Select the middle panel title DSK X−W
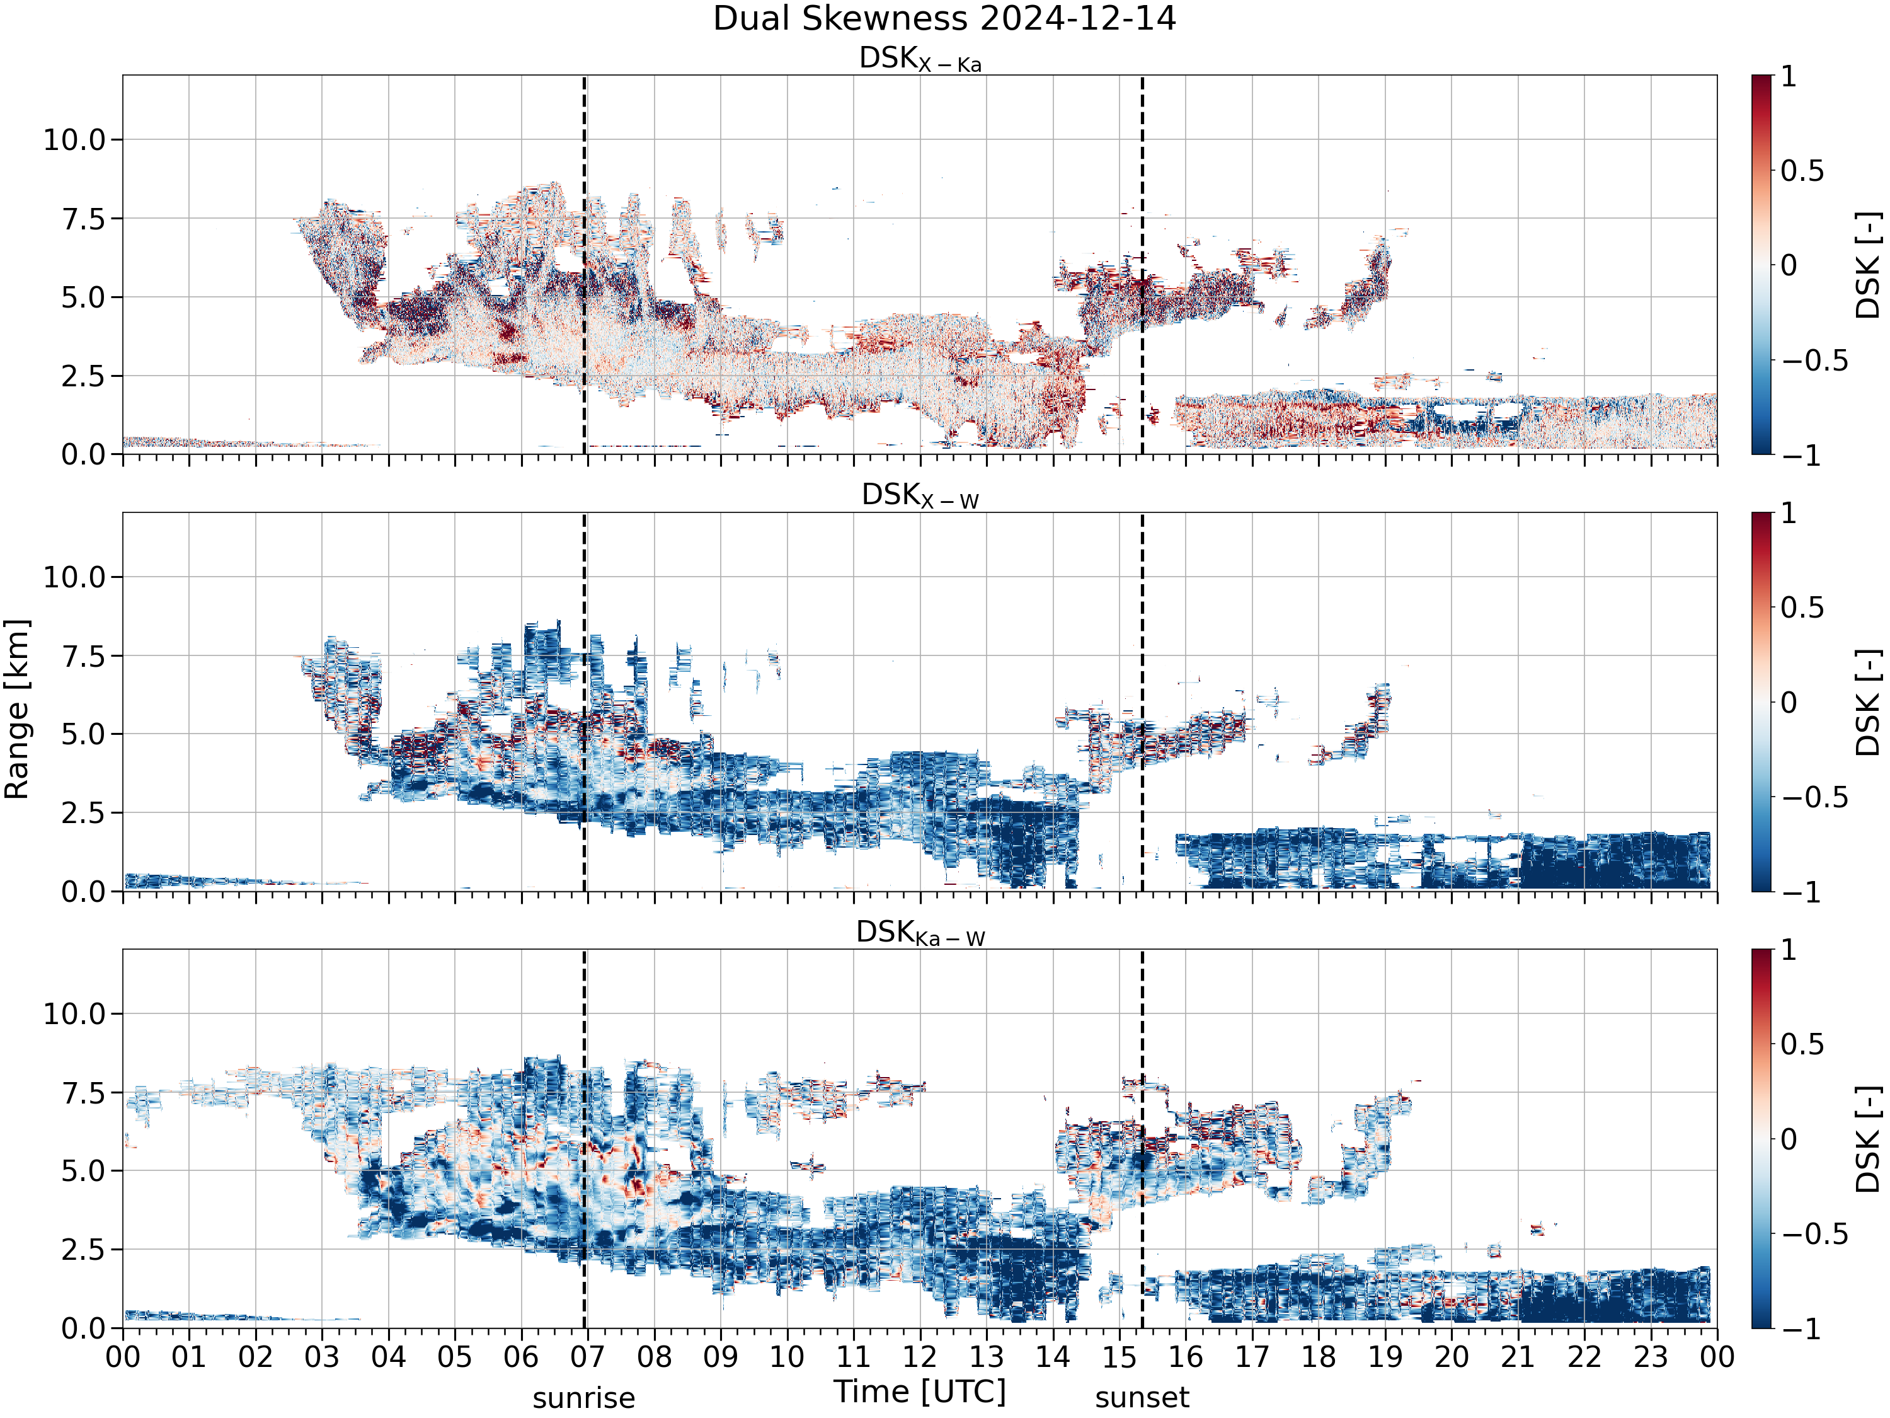click(920, 496)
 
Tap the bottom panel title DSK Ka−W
click(920, 933)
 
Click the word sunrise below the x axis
click(583, 1398)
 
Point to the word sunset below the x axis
click(1142, 1398)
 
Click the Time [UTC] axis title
click(920, 1392)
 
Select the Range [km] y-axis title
click(17, 710)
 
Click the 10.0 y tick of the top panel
click(74, 139)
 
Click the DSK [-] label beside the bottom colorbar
click(1869, 1139)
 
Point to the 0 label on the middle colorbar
click(1790, 703)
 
